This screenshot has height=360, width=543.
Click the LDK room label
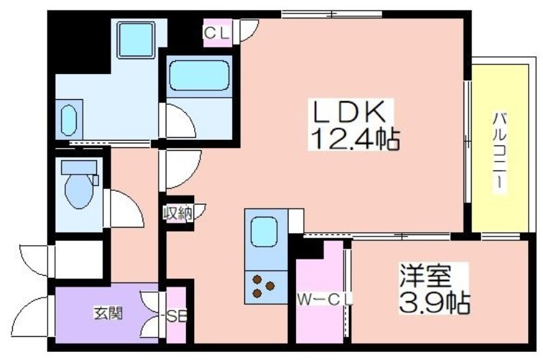(350, 111)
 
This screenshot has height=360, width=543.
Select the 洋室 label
(425, 276)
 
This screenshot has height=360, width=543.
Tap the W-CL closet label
(325, 300)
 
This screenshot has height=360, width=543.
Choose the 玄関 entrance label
(109, 314)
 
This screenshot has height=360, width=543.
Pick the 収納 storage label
(178, 213)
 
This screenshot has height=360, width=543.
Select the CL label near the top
(217, 33)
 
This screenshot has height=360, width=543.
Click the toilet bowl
(79, 192)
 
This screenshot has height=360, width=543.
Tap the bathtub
(199, 75)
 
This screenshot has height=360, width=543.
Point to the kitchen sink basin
(264, 232)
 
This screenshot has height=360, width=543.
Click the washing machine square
(136, 40)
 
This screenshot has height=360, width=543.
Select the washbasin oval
(69, 120)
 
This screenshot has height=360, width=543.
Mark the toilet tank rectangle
(79, 167)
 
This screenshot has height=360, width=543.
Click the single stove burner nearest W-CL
(270, 286)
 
